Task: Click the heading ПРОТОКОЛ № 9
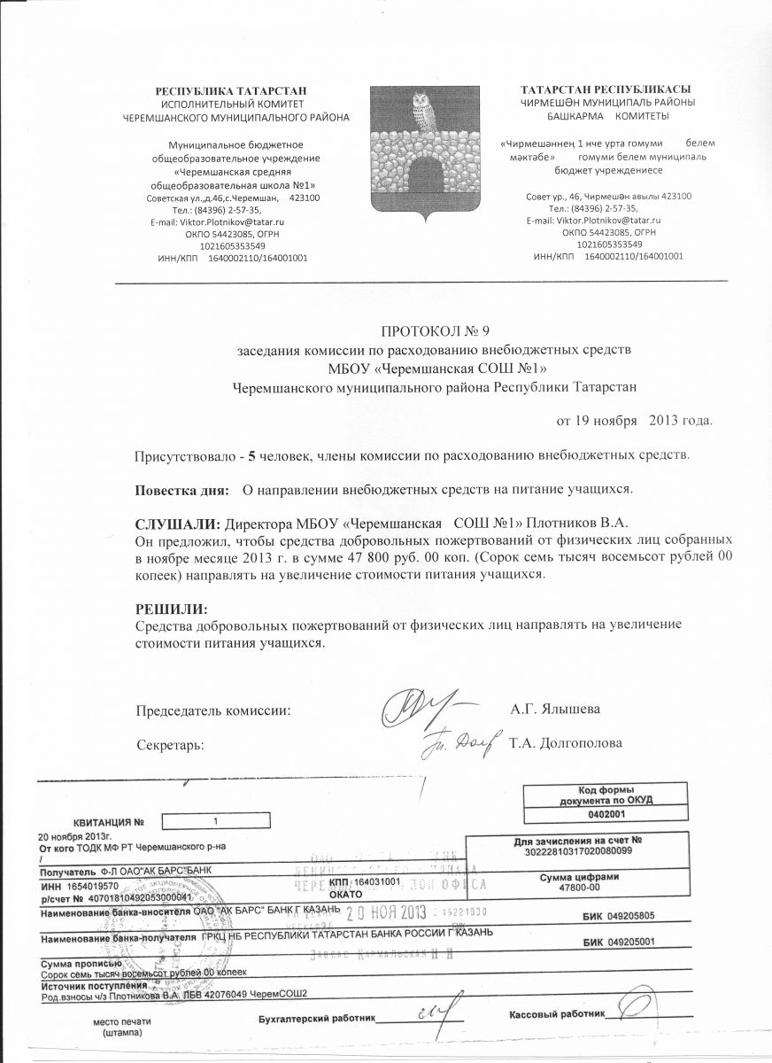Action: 435,332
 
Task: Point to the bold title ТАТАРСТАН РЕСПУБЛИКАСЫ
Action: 606,89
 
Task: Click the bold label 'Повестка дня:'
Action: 181,489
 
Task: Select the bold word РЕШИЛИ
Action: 169,609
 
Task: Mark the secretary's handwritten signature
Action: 460,741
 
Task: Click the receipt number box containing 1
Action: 215,820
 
